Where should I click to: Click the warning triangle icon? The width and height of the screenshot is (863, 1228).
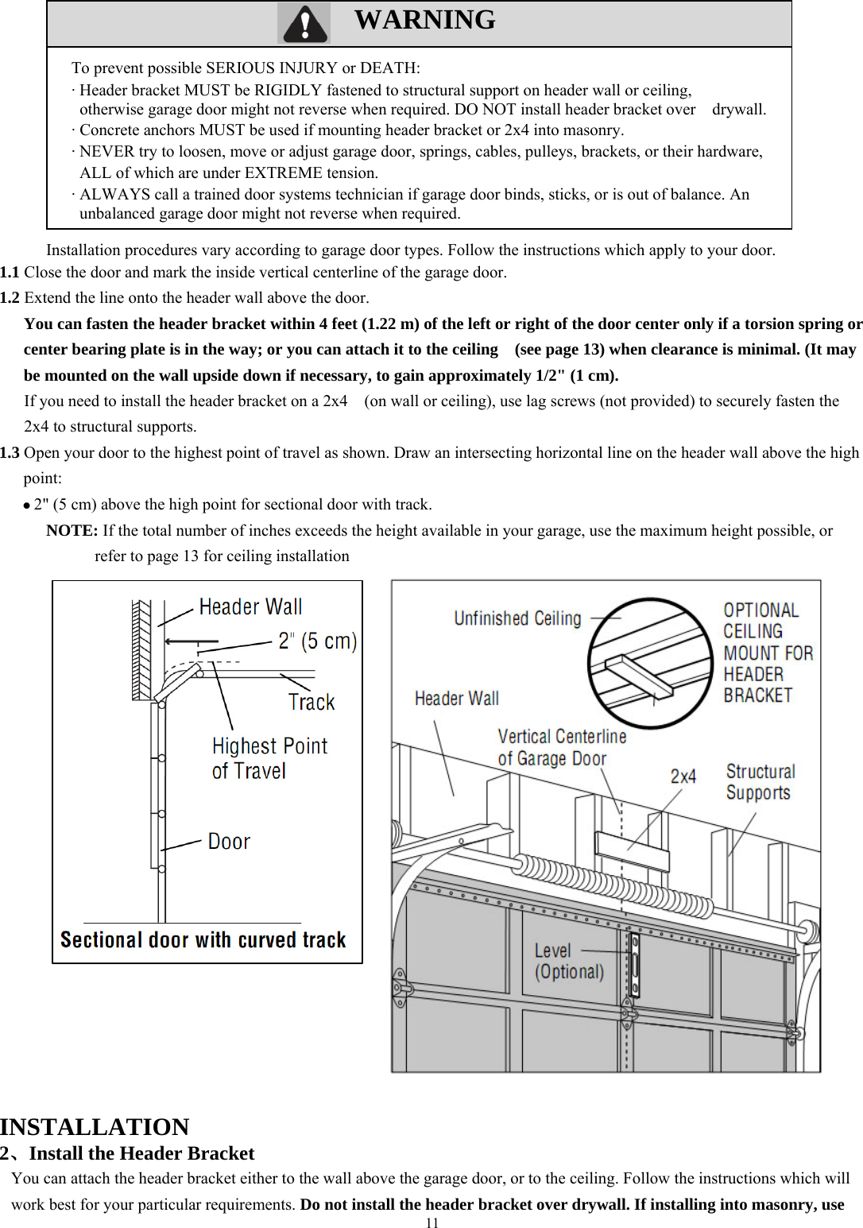tap(304, 24)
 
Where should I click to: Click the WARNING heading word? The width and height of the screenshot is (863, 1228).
tap(424, 20)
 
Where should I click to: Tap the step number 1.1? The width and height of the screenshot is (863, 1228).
tap(10, 273)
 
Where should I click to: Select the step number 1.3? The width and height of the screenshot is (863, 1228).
tap(10, 453)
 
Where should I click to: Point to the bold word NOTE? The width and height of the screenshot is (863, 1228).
tap(72, 531)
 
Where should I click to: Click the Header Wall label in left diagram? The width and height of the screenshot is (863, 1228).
tap(250, 607)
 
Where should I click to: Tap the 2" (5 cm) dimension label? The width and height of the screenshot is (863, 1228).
tap(317, 641)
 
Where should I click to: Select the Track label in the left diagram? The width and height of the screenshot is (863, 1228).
tap(312, 703)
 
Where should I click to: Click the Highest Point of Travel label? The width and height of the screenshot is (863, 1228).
tap(269, 758)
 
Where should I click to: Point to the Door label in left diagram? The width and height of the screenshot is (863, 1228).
tap(229, 842)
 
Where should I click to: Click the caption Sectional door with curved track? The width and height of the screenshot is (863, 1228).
tap(203, 940)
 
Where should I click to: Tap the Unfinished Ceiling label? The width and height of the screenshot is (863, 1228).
tap(517, 618)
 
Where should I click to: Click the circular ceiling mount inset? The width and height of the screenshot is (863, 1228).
tap(649, 662)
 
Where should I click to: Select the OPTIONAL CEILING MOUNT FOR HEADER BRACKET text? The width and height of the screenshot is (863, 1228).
tap(768, 653)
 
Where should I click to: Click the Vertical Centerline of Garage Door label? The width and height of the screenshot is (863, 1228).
tap(561, 748)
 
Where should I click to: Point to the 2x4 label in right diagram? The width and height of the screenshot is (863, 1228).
tap(683, 777)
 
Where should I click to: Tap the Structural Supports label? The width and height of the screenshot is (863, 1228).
tap(760, 782)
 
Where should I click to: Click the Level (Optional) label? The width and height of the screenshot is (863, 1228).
tap(569, 961)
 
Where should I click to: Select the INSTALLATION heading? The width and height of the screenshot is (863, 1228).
tap(95, 1127)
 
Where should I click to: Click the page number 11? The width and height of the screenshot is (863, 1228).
tap(431, 1222)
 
